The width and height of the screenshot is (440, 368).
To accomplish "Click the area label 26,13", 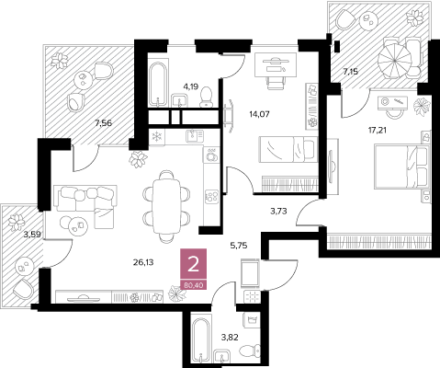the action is tap(143, 262).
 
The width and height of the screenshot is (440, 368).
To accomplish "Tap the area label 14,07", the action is tap(259, 115).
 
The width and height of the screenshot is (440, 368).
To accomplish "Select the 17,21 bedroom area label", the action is tap(378, 131).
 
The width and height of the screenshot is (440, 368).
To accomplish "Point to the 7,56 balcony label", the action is tap(103, 123).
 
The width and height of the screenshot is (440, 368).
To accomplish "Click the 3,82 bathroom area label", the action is tap(230, 338).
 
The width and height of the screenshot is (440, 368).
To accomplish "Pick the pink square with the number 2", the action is tap(193, 265).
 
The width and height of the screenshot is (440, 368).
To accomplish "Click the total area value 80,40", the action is tap(193, 285).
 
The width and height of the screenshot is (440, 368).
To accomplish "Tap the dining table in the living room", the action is tap(166, 206).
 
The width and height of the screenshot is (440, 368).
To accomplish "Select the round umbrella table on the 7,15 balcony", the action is tap(395, 61).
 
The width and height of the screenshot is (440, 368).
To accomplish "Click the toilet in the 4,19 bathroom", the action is tap(207, 98).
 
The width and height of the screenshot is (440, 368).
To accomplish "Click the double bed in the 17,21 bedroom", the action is tap(401, 167).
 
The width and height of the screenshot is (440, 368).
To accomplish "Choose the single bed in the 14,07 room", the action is tap(288, 149).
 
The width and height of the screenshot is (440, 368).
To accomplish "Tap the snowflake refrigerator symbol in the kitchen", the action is tap(157, 136).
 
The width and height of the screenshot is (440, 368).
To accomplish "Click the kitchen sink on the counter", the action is tap(195, 135).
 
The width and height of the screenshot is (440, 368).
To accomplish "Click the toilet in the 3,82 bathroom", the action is tap(250, 351).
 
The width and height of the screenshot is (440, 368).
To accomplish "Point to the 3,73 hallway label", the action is tap(278, 211).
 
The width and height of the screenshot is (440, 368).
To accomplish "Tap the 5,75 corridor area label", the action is tap(238, 246).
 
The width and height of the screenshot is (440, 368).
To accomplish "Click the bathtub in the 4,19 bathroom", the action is tap(158, 85).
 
